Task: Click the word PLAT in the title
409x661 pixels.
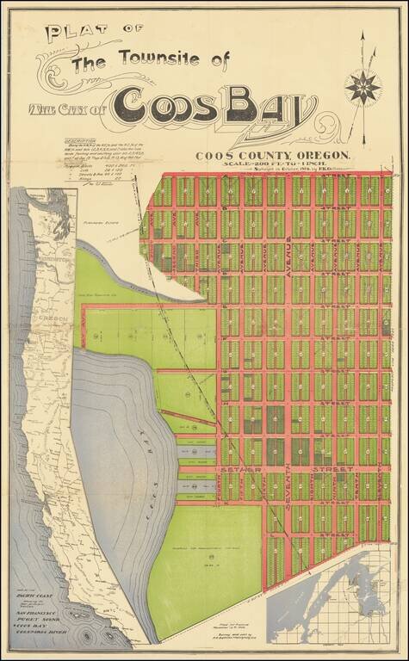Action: tap(73, 35)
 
